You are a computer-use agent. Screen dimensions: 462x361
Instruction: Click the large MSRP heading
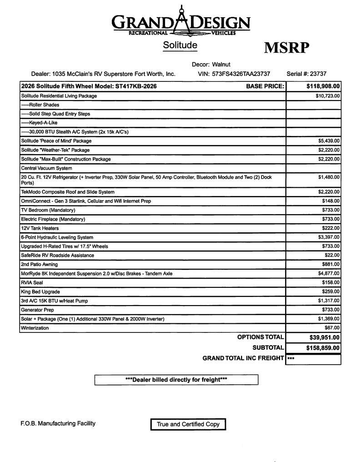tap(286, 48)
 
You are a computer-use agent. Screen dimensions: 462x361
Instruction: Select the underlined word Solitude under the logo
tap(180, 45)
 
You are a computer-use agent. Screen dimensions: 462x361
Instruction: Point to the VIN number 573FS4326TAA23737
tap(241, 74)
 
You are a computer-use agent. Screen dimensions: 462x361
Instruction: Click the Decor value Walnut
tap(221, 65)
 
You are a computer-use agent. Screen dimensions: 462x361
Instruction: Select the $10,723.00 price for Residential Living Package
tap(327, 96)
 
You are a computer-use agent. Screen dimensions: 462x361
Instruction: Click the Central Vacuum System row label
tap(46, 168)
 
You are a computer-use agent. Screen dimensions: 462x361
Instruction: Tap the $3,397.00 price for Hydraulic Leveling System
tap(329, 237)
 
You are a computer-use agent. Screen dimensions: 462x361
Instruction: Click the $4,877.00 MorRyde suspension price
tap(329, 274)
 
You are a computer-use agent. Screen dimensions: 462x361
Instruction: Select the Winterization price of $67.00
tap(332, 328)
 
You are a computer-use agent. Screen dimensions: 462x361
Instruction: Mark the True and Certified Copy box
tap(188, 424)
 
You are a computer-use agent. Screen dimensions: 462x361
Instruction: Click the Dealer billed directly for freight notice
tap(176, 380)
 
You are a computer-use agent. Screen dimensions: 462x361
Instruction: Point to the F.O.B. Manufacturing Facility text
tap(58, 423)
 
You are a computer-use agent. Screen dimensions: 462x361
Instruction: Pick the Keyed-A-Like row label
tap(40, 123)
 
